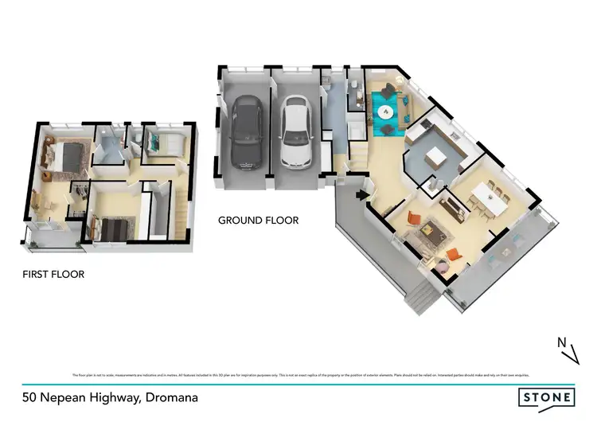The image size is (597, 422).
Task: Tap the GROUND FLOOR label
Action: pyautogui.click(x=258, y=221)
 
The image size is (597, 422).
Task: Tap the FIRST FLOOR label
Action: pyautogui.click(x=53, y=275)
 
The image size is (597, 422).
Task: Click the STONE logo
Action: pyautogui.click(x=546, y=397)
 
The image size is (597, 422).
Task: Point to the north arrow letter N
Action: pyautogui.click(x=560, y=343)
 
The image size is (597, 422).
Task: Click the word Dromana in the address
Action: pyautogui.click(x=170, y=396)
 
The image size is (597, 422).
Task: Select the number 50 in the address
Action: pyautogui.click(x=29, y=396)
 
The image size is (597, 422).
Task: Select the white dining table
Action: pyautogui.click(x=487, y=198)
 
